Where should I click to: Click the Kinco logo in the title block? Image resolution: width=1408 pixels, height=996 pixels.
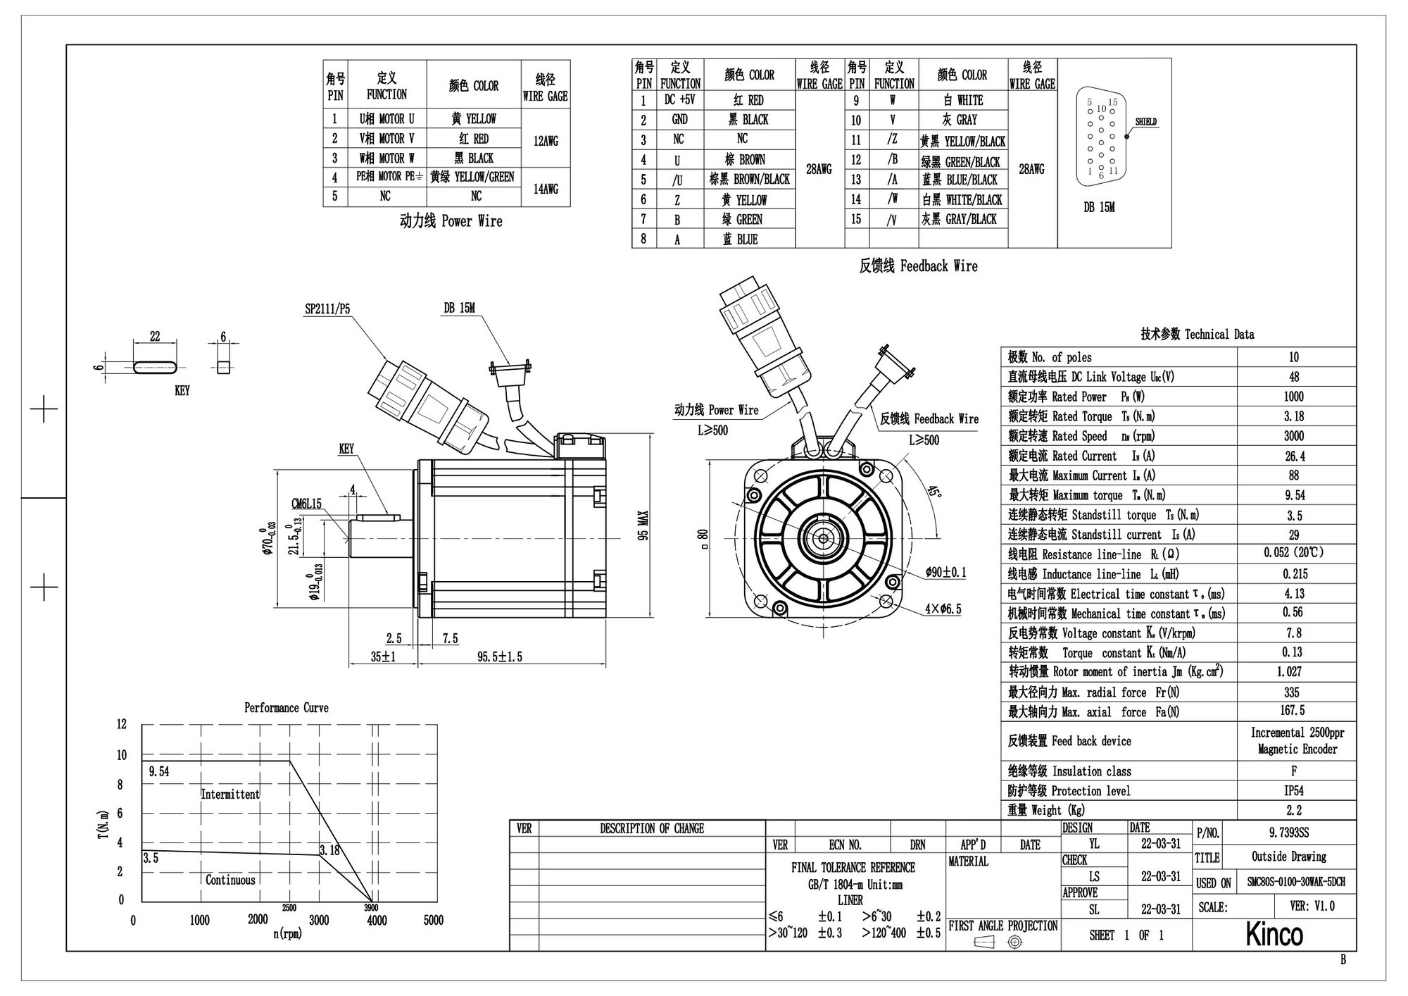coord(1274,934)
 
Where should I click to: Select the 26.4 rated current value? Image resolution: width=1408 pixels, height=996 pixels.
coord(1294,456)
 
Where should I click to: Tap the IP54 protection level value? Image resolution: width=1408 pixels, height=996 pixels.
coord(1294,790)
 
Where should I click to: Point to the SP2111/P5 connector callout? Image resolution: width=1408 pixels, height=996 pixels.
coord(327,309)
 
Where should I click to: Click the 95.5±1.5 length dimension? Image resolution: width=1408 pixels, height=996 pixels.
coord(500,656)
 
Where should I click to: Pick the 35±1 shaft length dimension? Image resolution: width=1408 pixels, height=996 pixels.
coord(383,656)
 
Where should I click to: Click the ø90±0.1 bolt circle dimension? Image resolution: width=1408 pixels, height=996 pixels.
coord(946,573)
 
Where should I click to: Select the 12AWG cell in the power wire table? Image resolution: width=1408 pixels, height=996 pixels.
coord(546,141)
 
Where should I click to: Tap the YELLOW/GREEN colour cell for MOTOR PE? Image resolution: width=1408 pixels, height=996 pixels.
coord(472,177)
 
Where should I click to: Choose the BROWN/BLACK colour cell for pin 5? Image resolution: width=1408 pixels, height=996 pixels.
coord(750,180)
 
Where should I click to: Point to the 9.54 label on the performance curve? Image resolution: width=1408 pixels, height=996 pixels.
coord(159,771)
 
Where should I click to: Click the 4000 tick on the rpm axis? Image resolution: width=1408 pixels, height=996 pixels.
coord(377,920)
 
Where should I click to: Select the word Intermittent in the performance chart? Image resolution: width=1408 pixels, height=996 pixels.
coord(230,794)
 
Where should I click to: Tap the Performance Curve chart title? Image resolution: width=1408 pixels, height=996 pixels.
coord(286,708)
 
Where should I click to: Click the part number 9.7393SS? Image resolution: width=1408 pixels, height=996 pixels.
coord(1289,833)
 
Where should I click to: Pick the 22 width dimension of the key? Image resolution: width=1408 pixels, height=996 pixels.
coord(155,337)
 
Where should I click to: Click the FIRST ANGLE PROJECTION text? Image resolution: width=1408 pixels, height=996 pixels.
coord(1002,926)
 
